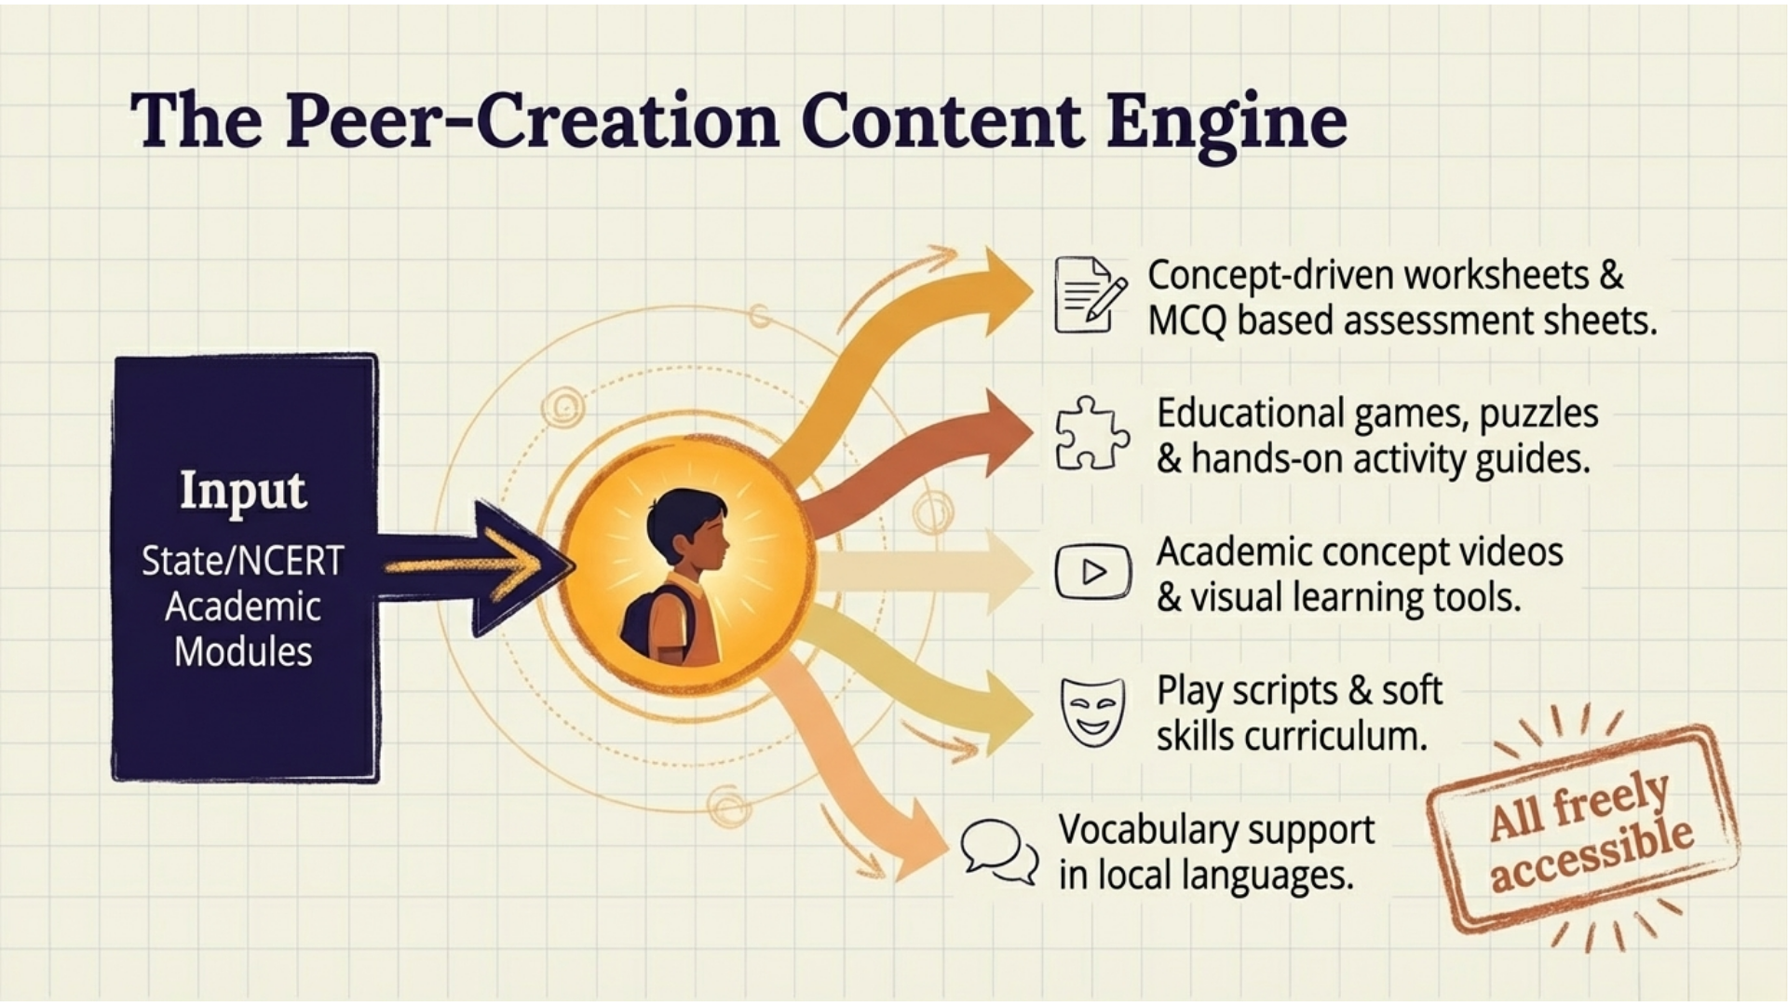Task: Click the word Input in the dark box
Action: pos(242,490)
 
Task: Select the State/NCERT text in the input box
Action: pos(242,561)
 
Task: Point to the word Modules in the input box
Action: pos(242,651)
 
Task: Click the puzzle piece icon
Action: pos(1091,434)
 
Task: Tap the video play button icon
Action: pos(1092,571)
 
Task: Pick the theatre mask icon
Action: pos(1092,711)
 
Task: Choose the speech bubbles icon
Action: pos(999,850)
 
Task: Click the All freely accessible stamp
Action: pos(1583,829)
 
